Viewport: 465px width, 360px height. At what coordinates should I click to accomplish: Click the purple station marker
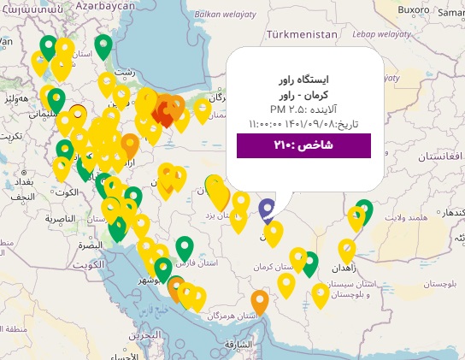267,209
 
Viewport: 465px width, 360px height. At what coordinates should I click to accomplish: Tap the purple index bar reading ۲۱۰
303,145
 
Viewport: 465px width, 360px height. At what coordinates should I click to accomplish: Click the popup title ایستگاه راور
303,80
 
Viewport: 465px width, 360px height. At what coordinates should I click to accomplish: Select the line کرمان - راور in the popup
303,95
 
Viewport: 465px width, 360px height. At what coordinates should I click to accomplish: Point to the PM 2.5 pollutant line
303,109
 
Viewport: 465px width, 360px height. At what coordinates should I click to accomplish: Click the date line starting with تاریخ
303,124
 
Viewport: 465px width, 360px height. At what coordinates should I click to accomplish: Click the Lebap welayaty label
378,35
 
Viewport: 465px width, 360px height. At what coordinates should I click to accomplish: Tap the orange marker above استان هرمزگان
260,301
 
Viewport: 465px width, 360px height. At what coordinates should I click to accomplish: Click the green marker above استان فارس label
185,247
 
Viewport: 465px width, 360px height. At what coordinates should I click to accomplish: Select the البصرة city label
89,245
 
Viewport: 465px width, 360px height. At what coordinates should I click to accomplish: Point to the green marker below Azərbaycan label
103,45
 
